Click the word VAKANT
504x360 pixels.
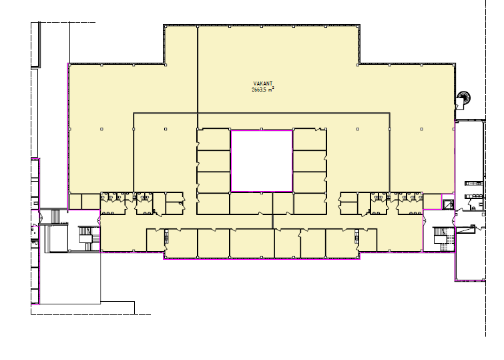(262, 83)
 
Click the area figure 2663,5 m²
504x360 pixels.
(262, 89)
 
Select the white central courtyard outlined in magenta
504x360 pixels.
(262, 161)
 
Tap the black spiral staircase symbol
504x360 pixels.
(464, 97)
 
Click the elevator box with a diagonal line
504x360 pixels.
(448, 204)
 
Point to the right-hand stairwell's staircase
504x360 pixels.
(443, 238)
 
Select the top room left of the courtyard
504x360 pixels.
(214, 140)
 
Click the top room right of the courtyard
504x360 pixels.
(310, 140)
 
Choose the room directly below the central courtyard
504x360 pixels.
(251, 203)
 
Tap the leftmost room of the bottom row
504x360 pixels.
(156, 240)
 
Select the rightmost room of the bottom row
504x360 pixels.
(368, 240)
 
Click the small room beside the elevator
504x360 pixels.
(432, 202)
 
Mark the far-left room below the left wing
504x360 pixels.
(75, 202)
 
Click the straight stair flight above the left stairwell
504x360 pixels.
(55, 216)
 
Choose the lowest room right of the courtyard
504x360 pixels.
(310, 203)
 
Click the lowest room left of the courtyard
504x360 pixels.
(214, 203)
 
